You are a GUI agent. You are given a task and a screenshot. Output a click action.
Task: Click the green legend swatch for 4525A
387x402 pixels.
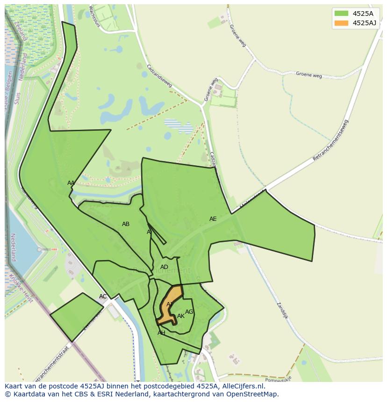tap(341, 14)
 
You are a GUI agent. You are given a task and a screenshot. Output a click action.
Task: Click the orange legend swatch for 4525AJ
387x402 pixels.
tap(341, 23)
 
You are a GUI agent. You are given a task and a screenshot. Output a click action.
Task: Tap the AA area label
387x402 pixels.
tap(71, 183)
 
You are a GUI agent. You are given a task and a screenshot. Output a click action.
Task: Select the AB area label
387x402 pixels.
tap(126, 224)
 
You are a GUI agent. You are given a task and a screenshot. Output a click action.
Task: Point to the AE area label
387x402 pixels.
tap(213, 219)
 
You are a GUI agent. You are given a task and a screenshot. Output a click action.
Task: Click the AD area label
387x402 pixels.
tap(164, 267)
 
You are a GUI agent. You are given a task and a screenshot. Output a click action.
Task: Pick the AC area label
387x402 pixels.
tap(103, 296)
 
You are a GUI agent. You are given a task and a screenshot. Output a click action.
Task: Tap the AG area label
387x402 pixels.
tap(189, 312)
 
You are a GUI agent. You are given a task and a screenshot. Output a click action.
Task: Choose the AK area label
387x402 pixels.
tap(181, 316)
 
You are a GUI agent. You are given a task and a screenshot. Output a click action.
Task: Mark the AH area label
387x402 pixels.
tap(161, 333)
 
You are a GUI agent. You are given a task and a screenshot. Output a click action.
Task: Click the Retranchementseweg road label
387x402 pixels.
tap(330, 141)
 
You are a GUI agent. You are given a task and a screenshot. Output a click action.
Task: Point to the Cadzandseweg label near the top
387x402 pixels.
tap(159, 76)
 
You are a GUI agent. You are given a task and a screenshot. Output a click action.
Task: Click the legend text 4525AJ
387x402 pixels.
tap(365, 23)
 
